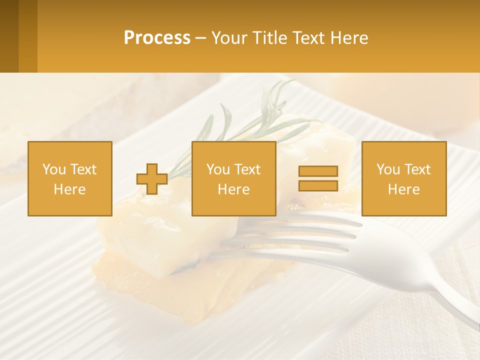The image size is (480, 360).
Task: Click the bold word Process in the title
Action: [157, 38]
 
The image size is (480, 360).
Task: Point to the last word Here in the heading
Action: [348, 38]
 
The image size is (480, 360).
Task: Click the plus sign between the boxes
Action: [152, 179]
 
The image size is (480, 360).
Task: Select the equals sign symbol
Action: [318, 178]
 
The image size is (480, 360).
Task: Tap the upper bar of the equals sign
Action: [318, 171]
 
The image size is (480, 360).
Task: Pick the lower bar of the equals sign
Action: [318, 185]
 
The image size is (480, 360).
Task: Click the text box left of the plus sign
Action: [69, 178]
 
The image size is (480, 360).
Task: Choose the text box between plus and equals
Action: [233, 178]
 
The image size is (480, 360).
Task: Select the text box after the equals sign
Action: [403, 178]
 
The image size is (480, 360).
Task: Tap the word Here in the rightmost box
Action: [403, 189]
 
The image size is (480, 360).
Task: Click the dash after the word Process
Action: [200, 38]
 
